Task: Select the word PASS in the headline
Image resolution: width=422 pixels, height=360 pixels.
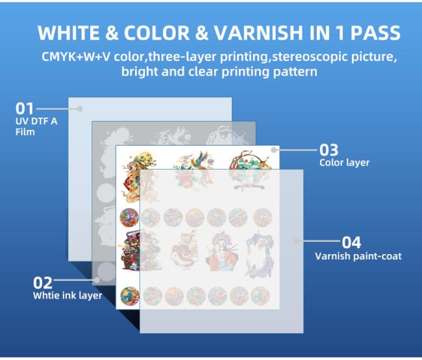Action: pyautogui.click(x=371, y=34)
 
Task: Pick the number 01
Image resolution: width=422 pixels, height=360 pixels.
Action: pyautogui.click(x=24, y=109)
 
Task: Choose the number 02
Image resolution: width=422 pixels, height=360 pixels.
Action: pyautogui.click(x=43, y=283)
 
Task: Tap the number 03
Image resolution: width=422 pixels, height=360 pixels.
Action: pyautogui.click(x=329, y=151)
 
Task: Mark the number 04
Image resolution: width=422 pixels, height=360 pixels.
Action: pyautogui.click(x=351, y=242)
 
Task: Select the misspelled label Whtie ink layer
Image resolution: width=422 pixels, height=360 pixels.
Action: pyautogui.click(x=67, y=296)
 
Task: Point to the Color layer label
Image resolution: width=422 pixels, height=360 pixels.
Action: pyautogui.click(x=344, y=163)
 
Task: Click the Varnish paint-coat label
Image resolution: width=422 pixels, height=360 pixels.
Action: pyautogui.click(x=358, y=256)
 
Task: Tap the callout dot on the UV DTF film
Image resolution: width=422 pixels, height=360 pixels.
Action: pyautogui.click(x=80, y=109)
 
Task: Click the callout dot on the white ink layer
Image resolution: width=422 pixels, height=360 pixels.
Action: pyautogui.click(x=97, y=281)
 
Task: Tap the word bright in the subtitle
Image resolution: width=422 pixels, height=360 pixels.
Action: pyautogui.click(x=138, y=71)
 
